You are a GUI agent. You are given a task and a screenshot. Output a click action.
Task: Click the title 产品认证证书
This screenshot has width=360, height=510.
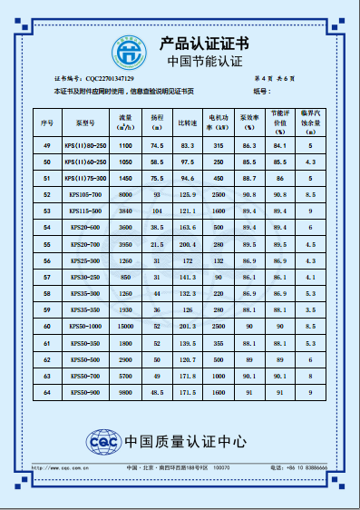(x=204, y=43)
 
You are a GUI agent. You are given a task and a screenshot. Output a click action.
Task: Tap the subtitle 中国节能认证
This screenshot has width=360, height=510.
(x=206, y=62)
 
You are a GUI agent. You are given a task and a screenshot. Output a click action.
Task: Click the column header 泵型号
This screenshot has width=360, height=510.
(x=86, y=121)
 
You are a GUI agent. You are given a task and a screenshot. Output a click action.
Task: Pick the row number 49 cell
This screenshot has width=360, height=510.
(x=47, y=145)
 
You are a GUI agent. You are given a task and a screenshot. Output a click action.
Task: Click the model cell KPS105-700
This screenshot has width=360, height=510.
(x=86, y=194)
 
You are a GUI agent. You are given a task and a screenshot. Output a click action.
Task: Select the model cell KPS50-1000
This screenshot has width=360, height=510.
(x=86, y=325)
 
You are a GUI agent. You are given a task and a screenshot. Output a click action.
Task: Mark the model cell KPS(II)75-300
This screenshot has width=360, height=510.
(x=86, y=178)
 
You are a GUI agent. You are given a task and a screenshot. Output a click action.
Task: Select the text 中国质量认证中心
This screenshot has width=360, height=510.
(x=186, y=442)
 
